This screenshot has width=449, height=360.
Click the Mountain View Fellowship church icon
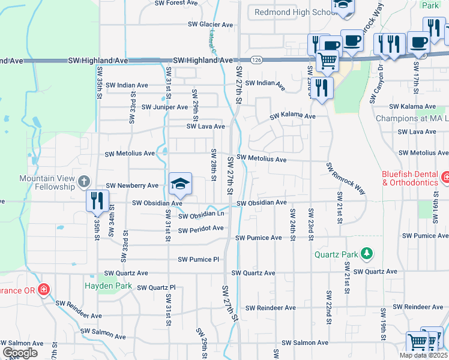(84, 180)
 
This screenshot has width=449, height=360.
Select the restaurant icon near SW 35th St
(96, 200)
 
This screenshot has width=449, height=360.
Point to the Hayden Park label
(107, 286)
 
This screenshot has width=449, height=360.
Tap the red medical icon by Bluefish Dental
(445, 178)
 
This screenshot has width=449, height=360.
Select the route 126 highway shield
(256, 60)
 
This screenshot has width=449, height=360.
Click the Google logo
(20, 352)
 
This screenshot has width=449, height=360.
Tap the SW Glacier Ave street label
(210, 25)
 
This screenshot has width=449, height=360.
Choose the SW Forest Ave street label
(176, 3)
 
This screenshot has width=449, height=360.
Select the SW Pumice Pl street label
(199, 259)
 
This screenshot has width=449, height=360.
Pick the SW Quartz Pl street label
(156, 287)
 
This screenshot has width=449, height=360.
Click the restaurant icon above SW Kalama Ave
(322, 88)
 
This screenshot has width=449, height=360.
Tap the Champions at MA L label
(412, 118)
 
